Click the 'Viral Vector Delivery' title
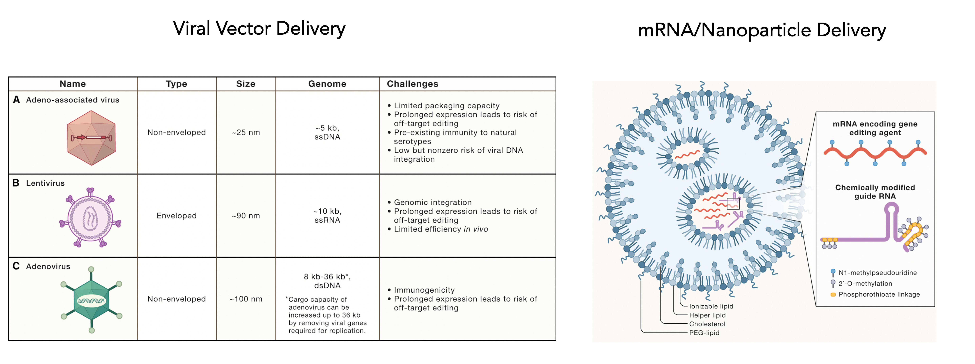click(259, 28)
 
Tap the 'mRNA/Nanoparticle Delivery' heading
click(762, 30)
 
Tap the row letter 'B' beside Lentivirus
click(16, 183)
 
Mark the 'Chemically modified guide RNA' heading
click(875, 192)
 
